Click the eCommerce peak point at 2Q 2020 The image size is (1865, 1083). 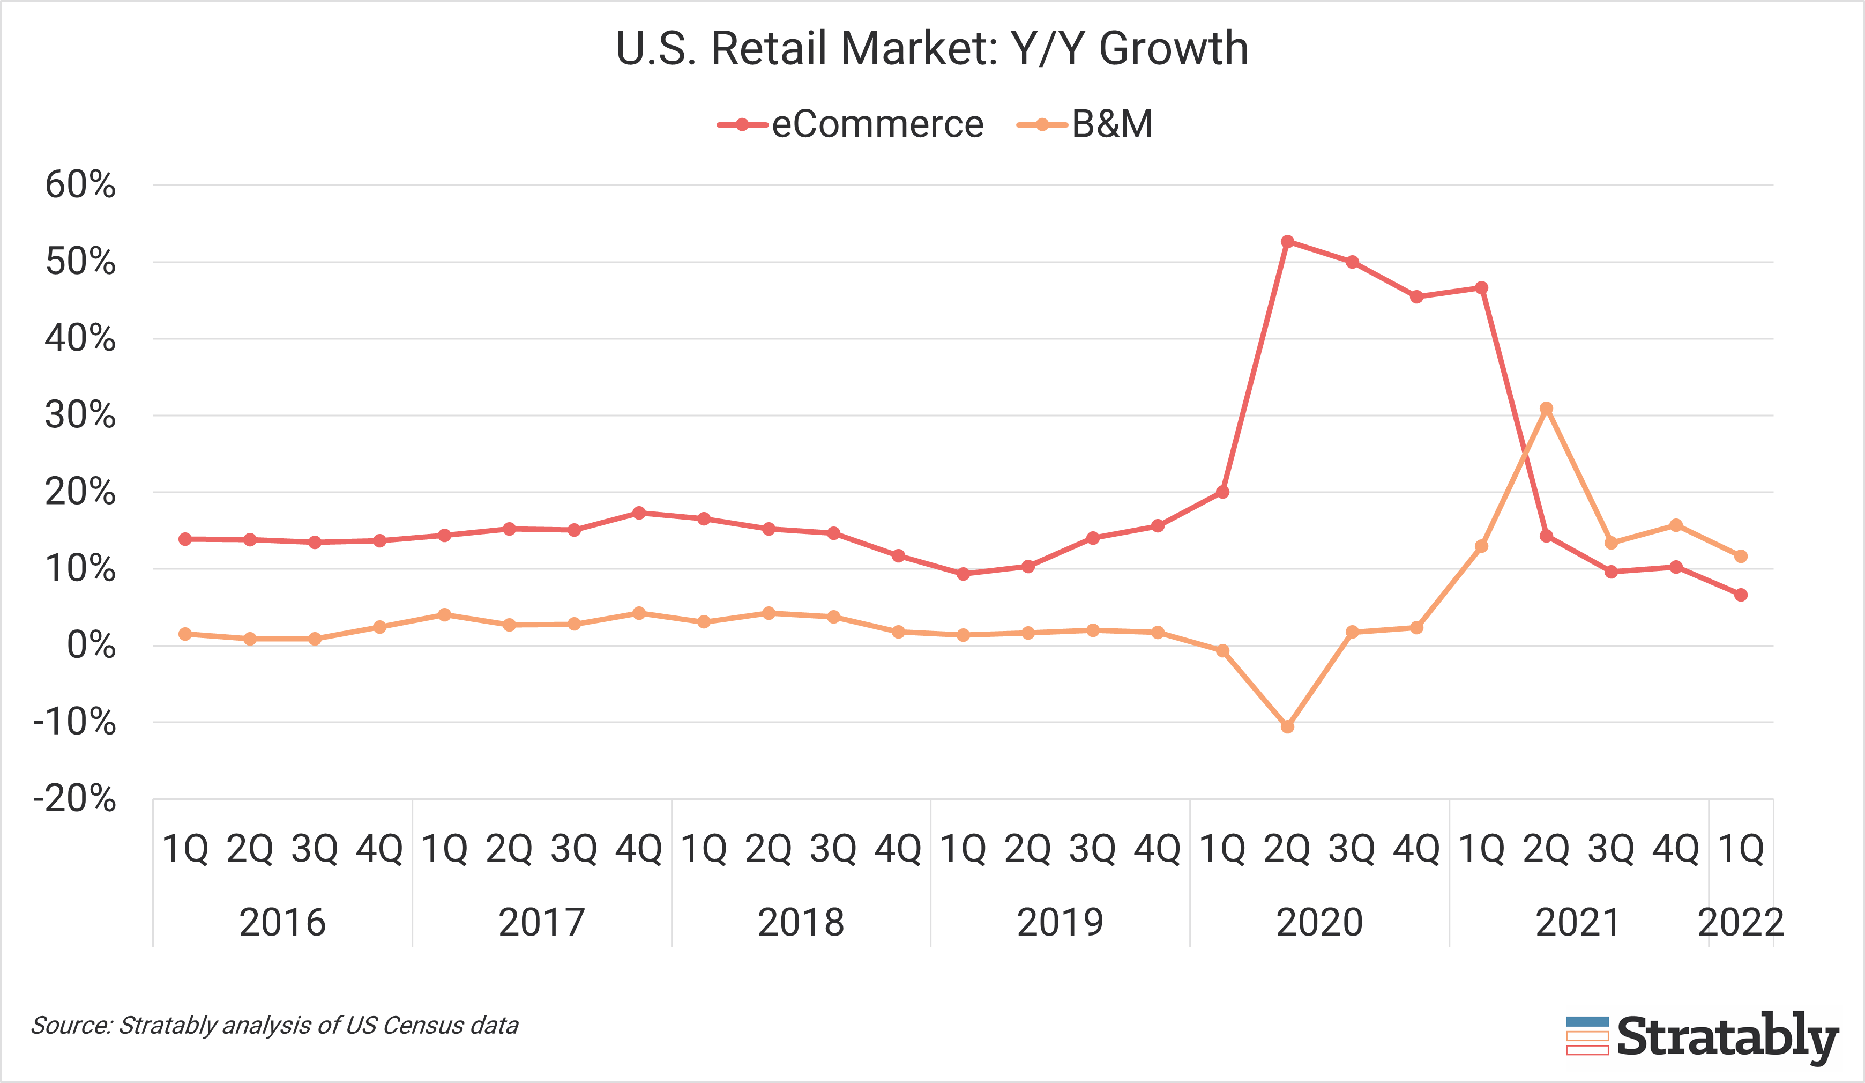1287,241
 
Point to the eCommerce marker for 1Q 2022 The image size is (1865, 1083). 1741,595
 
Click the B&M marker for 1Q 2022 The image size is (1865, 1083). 1741,556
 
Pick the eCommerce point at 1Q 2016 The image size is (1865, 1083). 185,539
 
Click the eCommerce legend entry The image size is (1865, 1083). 851,124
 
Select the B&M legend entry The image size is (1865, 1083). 1086,124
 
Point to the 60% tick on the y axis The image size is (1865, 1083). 80,185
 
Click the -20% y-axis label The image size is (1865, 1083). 74,799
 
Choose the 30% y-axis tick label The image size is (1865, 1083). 80,416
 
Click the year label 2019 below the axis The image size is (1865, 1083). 1060,922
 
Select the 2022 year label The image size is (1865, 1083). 1741,922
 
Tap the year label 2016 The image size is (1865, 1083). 282,922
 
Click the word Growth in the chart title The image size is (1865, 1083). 1174,49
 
